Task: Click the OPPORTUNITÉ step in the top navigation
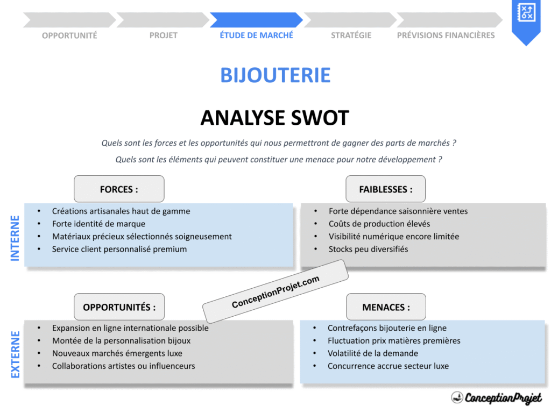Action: [69, 35]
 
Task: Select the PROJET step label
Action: [163, 35]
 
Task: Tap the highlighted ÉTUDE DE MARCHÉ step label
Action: [257, 35]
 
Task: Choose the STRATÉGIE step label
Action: [351, 35]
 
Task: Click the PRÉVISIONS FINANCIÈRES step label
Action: [446, 35]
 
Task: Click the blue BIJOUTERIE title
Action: [275, 75]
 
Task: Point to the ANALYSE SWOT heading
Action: [275, 118]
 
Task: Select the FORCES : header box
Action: [119, 189]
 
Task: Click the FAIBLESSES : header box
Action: [386, 189]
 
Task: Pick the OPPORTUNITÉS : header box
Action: [119, 307]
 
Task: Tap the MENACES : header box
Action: [386, 307]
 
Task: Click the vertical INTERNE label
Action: [15, 238]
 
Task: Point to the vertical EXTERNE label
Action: [15, 354]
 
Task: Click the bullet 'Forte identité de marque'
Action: [98, 224]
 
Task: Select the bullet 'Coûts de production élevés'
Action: [379, 224]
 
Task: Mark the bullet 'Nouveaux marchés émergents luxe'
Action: [117, 353]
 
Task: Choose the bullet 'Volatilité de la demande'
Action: [372, 353]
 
